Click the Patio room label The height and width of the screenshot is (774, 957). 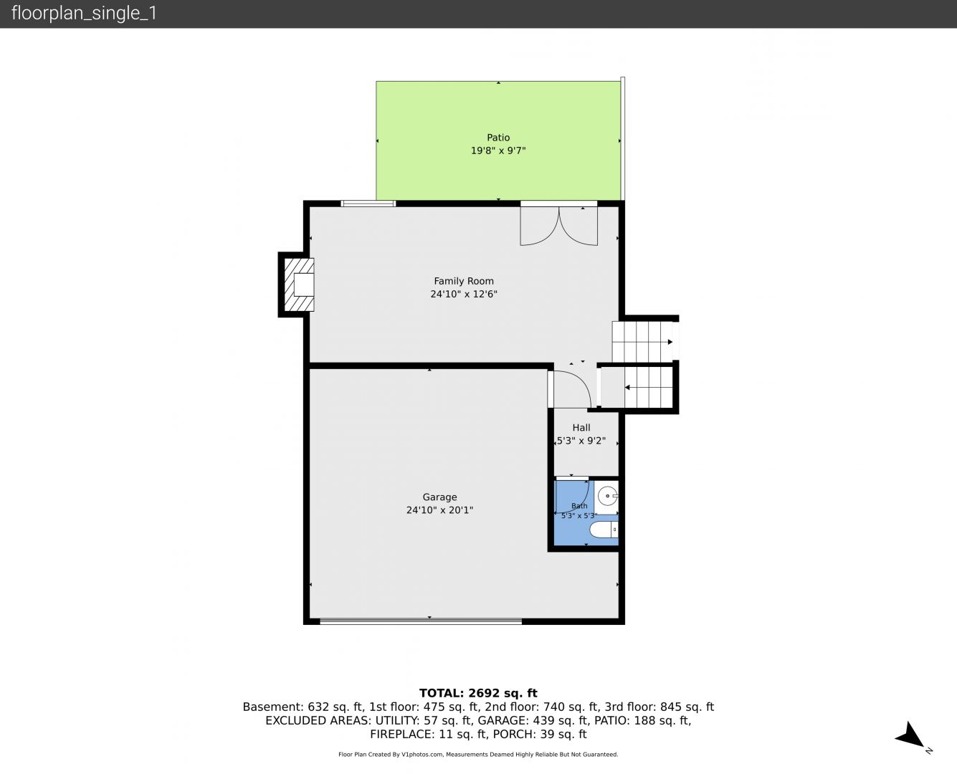tap(498, 138)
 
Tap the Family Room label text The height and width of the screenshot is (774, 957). tap(464, 281)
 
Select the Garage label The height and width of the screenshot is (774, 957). tap(439, 497)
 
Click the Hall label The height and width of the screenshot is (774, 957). tap(581, 428)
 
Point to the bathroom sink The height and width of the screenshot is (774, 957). tap(608, 496)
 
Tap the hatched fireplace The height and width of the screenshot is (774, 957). tap(299, 285)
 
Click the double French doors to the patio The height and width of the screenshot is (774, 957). tap(559, 224)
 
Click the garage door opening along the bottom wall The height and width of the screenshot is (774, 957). tap(421, 622)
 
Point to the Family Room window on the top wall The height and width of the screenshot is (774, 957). tap(368, 204)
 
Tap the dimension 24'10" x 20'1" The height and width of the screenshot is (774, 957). tap(439, 510)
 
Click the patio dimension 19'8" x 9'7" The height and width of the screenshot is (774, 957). tap(498, 150)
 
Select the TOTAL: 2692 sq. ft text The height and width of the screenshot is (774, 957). tap(478, 693)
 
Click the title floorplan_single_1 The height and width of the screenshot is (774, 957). tap(84, 13)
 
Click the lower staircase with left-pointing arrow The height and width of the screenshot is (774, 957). tap(637, 387)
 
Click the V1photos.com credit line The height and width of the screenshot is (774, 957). tap(478, 755)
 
